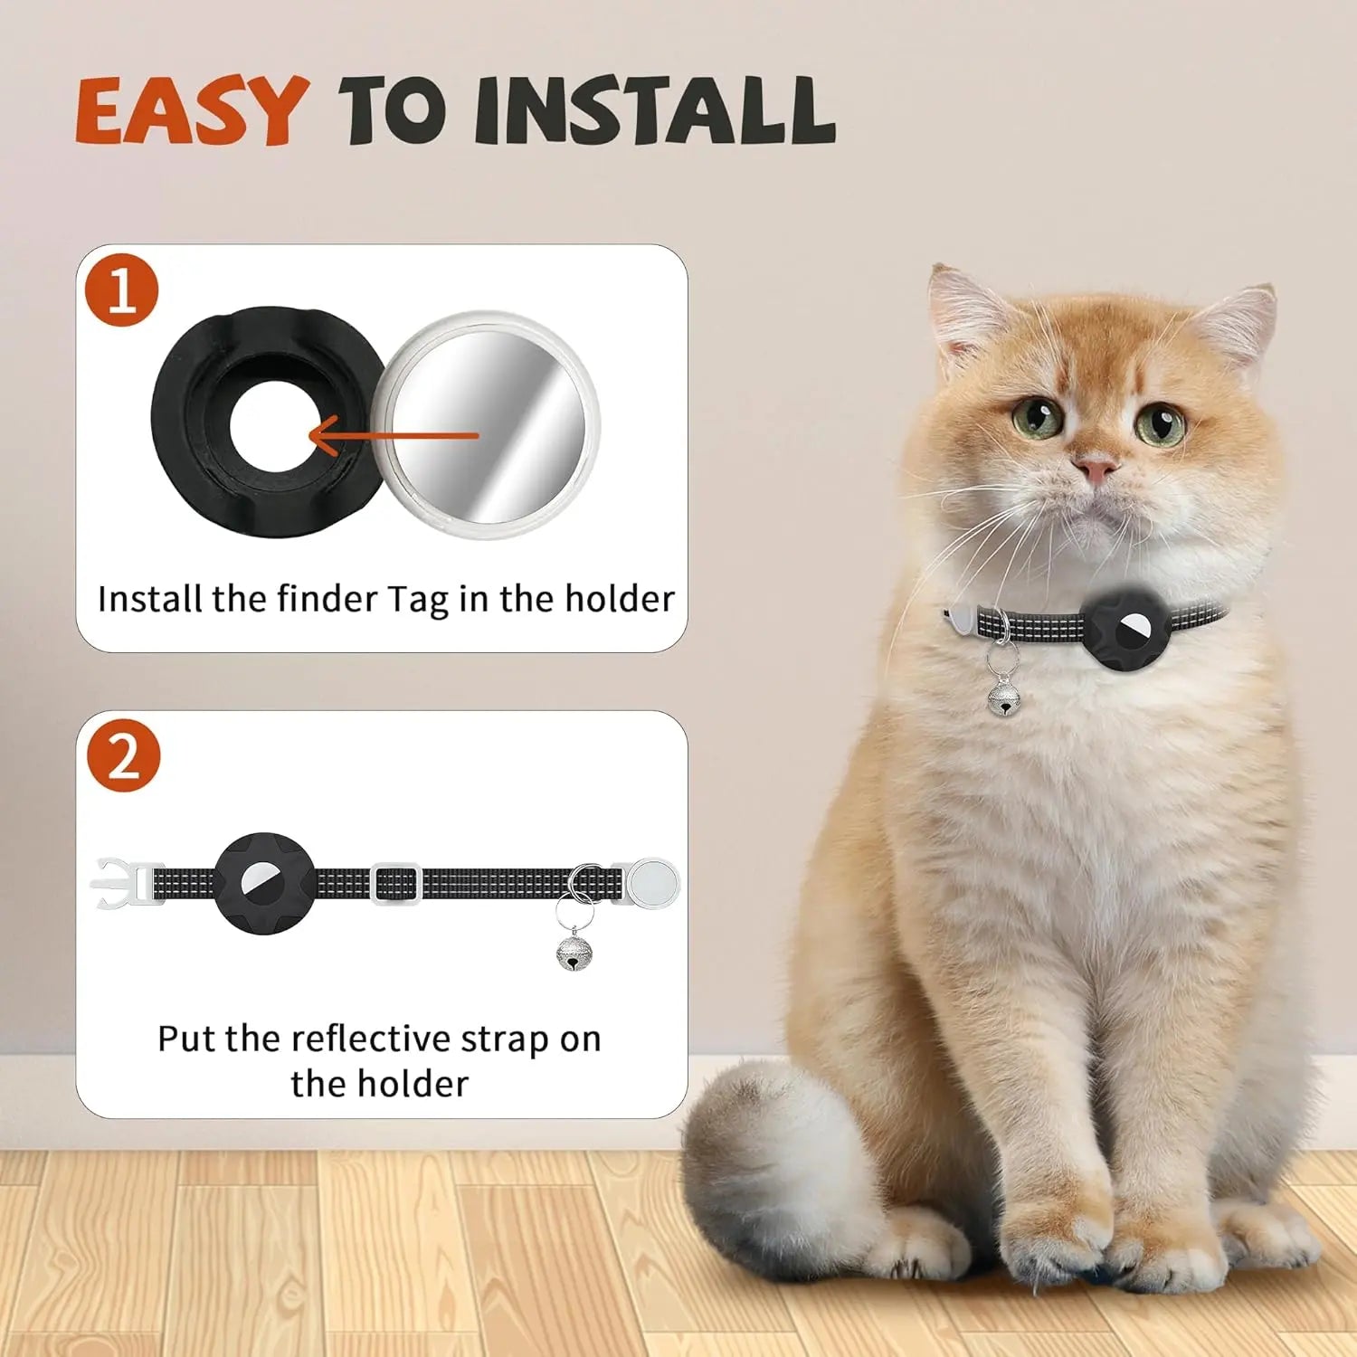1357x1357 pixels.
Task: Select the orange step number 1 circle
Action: click(x=122, y=290)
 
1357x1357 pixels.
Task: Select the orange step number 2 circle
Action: click(x=122, y=756)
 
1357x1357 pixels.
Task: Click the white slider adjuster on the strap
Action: click(x=396, y=883)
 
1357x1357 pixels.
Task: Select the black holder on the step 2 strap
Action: click(x=264, y=883)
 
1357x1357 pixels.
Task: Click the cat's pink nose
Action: click(x=1096, y=468)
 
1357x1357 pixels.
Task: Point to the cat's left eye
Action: click(x=1162, y=423)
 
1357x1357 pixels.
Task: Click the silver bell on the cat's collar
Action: click(x=1002, y=696)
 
